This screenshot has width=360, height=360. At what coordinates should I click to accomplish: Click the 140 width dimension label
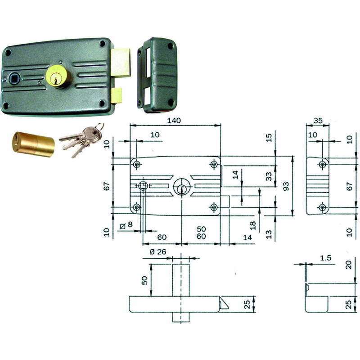[x=174, y=121]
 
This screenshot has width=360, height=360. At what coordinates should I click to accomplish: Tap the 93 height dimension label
[x=286, y=186]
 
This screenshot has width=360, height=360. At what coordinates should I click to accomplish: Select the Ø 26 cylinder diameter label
[x=158, y=252]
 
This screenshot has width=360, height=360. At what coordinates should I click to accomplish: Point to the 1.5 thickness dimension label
[x=325, y=258]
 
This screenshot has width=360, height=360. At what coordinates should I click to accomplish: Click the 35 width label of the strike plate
[x=318, y=121]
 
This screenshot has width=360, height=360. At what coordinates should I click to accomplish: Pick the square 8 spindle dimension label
[x=126, y=225]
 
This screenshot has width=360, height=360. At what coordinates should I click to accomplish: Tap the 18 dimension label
[x=252, y=225]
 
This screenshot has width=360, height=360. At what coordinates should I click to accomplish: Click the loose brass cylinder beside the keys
[x=33, y=144]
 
